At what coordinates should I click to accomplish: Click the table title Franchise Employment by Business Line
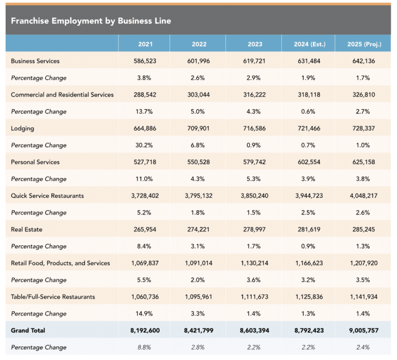pos(91,21)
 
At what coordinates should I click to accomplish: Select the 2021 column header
pos(145,44)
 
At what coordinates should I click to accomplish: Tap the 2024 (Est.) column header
pos(310,44)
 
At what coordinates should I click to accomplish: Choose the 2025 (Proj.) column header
pos(364,44)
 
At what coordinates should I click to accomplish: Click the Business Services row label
pos(35,61)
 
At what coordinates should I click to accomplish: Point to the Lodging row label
pos(22,129)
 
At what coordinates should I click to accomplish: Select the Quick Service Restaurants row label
pos(48,196)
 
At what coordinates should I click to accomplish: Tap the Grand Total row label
pos(28,331)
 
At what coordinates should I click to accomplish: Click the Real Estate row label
pos(26,229)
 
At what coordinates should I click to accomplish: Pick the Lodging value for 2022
pos(198,128)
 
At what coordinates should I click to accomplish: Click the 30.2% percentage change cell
pos(144,145)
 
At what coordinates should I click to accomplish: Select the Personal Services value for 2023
pos(254,162)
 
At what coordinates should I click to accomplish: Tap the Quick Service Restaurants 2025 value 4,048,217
pos(363,196)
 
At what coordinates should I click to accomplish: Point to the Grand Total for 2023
pos(254,331)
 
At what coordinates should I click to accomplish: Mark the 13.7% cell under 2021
pos(144,112)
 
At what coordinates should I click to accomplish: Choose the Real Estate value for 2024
pos(309,229)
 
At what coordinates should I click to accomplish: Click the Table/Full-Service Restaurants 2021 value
pos(145,297)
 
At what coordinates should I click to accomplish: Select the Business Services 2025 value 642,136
pos(363,61)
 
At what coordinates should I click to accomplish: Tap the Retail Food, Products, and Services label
pos(60,263)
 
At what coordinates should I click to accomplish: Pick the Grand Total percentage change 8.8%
pos(144,348)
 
